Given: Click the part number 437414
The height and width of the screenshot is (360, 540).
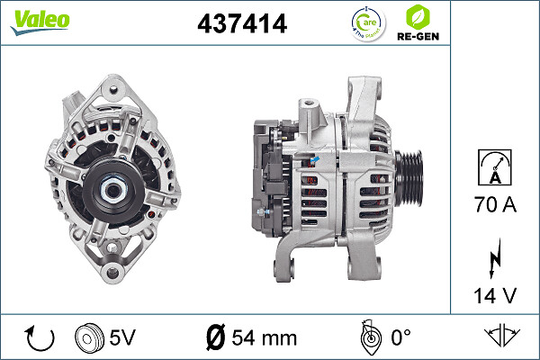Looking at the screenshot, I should (241, 25).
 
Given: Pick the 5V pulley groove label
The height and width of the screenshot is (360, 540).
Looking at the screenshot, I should (123, 339).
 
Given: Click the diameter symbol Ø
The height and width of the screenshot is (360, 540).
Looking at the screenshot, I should (215, 339).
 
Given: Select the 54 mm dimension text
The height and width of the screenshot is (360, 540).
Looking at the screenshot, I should (264, 339).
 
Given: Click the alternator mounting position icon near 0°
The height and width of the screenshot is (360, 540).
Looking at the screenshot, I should (368, 337).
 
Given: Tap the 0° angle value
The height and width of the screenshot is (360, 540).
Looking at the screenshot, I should (400, 339).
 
